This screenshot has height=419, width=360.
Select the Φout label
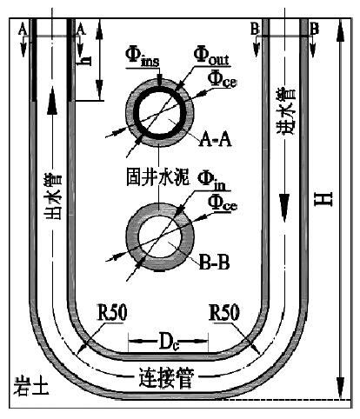coord(211,55)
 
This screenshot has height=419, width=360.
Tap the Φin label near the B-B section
coord(211,181)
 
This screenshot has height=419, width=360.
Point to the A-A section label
coord(215,140)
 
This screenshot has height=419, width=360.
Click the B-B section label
coord(215,263)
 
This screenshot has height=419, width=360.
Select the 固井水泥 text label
coord(158,176)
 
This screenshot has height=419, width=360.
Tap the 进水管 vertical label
coord(286,112)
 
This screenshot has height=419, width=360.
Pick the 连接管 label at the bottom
coord(166,378)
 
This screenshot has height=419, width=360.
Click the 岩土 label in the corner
coord(31,386)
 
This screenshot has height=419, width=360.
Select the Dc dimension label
coord(168,342)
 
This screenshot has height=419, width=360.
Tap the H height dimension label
coord(323,199)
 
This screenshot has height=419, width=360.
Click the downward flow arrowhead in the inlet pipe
coord(284,208)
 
